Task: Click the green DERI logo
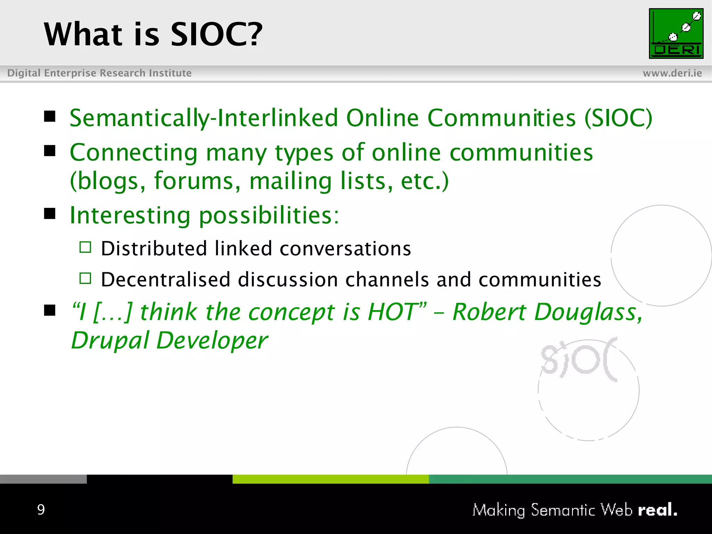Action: [x=676, y=33]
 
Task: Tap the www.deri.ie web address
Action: [x=672, y=73]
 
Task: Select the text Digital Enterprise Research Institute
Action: [x=99, y=73]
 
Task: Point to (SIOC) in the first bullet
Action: [x=618, y=118]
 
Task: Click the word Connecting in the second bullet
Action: [x=133, y=153]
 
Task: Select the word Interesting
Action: [x=130, y=215]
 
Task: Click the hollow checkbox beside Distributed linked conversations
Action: [x=85, y=247]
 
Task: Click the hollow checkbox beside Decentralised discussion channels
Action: [x=85, y=278]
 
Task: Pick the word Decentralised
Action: [x=165, y=280]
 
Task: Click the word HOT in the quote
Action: [x=393, y=311]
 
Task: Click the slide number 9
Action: [x=41, y=510]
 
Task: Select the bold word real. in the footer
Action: [x=657, y=510]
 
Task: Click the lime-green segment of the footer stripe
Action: [x=330, y=479]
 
